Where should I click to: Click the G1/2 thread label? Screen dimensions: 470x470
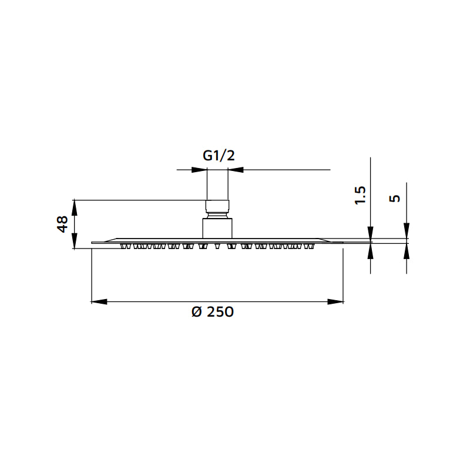(219, 156)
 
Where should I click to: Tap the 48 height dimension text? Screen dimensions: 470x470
(63, 224)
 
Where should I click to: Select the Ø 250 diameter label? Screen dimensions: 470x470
(212, 312)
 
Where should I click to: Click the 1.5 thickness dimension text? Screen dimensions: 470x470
(360, 195)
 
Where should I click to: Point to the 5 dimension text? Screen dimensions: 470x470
(395, 198)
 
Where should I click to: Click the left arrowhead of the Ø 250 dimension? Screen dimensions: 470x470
(99, 302)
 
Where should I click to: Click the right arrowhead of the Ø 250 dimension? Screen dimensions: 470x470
(336, 302)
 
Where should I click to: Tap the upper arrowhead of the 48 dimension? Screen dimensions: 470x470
(74, 207)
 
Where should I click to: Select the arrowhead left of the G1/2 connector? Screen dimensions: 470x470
(200, 170)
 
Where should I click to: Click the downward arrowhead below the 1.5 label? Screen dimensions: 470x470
(370, 233)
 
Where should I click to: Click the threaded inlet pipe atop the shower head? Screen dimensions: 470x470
(217, 185)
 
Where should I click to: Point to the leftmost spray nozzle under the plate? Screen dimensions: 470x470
(124, 246)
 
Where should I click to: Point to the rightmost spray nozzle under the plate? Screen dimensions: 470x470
(311, 246)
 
